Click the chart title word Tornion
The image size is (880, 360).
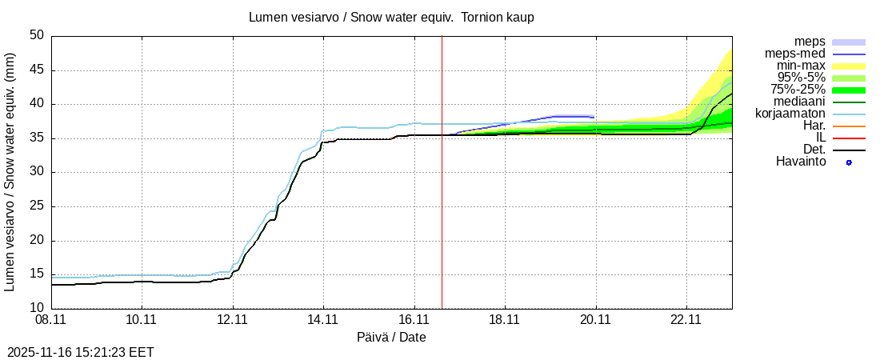485,17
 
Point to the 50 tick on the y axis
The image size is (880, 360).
37,36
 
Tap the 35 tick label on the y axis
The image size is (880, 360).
37,138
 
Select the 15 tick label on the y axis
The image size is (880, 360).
37,274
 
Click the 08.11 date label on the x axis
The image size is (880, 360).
51,319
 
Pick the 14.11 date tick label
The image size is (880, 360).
323,319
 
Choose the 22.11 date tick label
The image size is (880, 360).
686,319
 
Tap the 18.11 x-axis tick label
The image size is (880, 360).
504,319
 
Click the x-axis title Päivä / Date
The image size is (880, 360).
391,337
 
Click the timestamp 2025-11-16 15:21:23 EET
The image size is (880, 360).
81,352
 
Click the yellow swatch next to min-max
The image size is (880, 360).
849,66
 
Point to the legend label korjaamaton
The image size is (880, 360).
790,114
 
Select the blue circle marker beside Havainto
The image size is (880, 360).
849,162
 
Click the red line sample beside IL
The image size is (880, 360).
849,138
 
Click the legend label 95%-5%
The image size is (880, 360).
802,78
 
